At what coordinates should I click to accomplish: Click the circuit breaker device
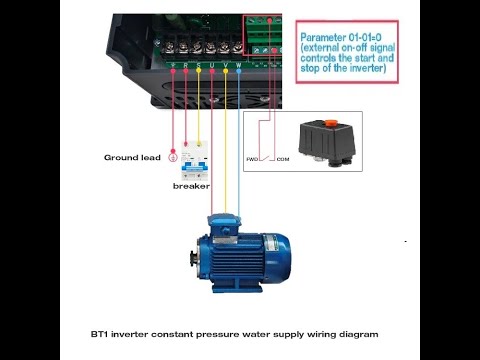[x=194, y=157]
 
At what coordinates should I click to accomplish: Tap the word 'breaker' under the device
[x=191, y=186]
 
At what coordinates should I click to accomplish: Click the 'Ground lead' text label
[x=132, y=157]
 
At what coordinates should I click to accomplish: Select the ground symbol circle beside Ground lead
[x=173, y=157]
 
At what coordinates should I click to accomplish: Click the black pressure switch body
[x=326, y=140]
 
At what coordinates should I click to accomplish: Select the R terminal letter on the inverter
[x=186, y=64]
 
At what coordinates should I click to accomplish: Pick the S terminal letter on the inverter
[x=199, y=64]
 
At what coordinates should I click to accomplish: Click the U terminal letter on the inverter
[x=213, y=64]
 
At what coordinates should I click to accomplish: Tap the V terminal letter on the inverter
[x=226, y=64]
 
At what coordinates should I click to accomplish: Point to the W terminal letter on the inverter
[x=239, y=64]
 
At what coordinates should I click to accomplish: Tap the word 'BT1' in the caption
[x=100, y=333]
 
